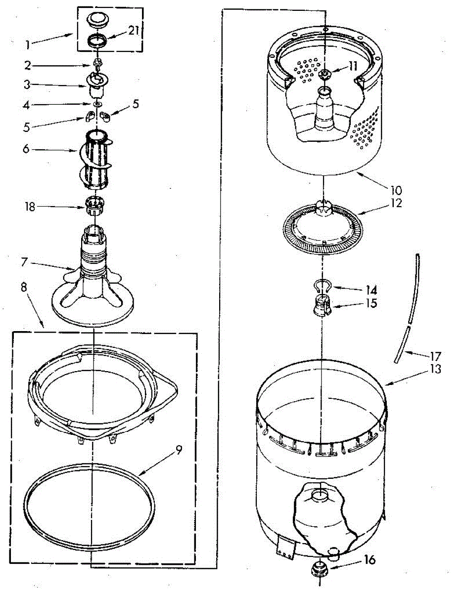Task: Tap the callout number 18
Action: click(31, 207)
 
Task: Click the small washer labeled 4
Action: click(96, 104)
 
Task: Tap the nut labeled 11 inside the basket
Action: click(324, 74)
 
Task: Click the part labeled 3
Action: click(95, 86)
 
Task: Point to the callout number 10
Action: click(396, 189)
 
